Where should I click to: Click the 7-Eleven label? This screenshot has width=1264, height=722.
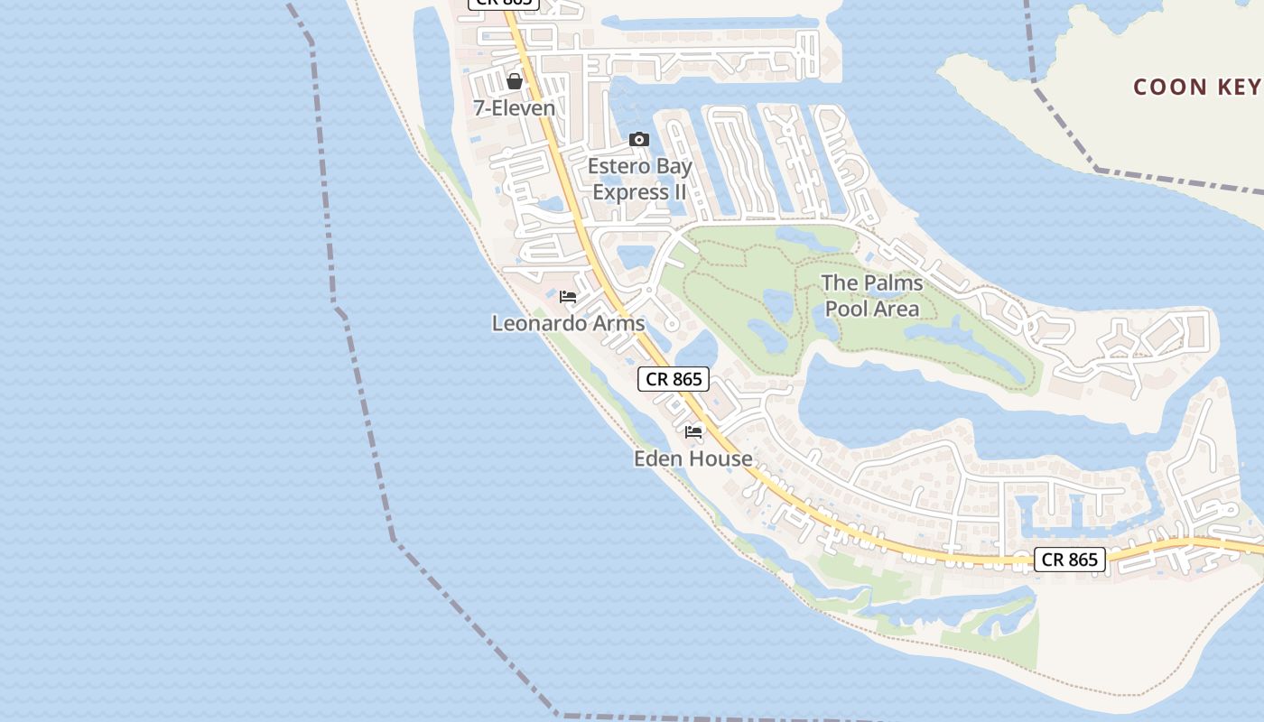pyautogui.click(x=515, y=108)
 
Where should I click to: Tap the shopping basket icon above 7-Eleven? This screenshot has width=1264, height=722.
pyautogui.click(x=515, y=82)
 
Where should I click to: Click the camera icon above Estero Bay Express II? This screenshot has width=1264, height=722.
pyautogui.click(x=639, y=140)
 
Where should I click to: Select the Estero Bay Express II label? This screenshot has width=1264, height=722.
pyautogui.click(x=639, y=179)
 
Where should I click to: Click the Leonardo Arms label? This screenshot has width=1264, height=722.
pyautogui.click(x=568, y=323)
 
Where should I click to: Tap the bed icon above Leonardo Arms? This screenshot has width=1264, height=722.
pyautogui.click(x=568, y=297)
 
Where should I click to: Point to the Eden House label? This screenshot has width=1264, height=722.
pyautogui.click(x=692, y=458)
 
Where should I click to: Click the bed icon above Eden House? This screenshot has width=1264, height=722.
pyautogui.click(x=693, y=432)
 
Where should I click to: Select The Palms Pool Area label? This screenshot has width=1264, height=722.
pyautogui.click(x=872, y=296)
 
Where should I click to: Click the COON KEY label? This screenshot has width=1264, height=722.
pyautogui.click(x=1196, y=87)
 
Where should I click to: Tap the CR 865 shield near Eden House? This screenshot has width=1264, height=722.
pyautogui.click(x=674, y=379)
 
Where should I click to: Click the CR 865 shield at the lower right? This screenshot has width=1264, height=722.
pyautogui.click(x=1069, y=560)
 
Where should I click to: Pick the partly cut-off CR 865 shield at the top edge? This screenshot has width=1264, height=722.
pyautogui.click(x=503, y=4)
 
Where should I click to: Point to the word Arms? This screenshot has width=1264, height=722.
pyautogui.click(x=618, y=323)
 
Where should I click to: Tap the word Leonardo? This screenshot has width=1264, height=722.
pyautogui.click(x=538, y=323)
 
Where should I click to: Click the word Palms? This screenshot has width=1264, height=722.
pyautogui.click(x=893, y=283)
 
